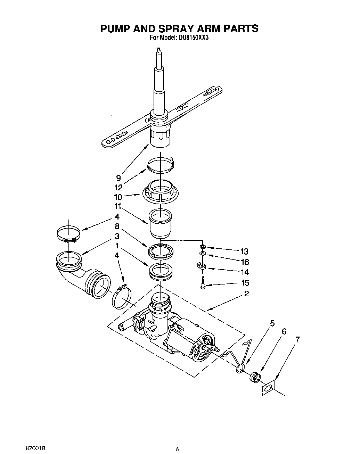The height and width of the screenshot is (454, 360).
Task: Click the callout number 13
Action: point(244,251)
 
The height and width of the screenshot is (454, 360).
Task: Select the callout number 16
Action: point(245,262)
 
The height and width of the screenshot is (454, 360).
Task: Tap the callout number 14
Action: point(245,272)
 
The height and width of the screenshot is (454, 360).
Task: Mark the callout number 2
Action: point(246,294)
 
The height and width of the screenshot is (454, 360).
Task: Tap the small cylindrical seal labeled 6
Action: point(255,377)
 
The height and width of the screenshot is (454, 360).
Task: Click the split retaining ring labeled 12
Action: point(161,165)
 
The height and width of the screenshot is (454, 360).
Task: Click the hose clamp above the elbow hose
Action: point(68,233)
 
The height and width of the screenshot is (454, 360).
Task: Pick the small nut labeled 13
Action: point(202,247)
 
